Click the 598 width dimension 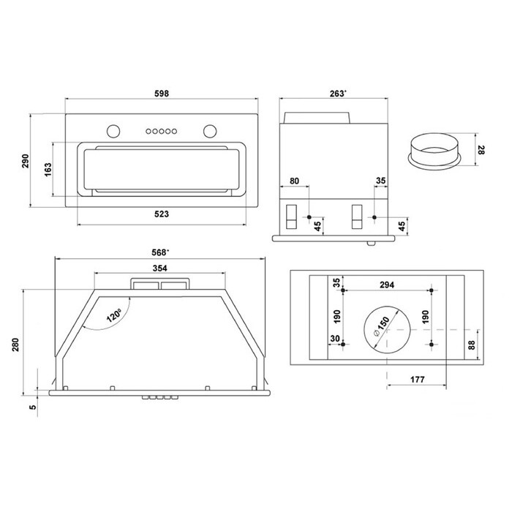point(162,94)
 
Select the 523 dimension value point(162,214)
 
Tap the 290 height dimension point(26,161)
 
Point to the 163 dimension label point(48,170)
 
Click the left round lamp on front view point(113,131)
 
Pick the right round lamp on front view point(210,131)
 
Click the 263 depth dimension point(338,94)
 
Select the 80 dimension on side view point(294,181)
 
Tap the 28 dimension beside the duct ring point(481,150)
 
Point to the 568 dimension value point(160,253)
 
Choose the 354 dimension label point(159,268)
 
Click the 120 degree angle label point(114,315)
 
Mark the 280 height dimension point(15,345)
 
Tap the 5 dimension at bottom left point(33,407)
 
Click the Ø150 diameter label point(381,326)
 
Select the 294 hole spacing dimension point(387,285)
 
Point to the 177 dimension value point(418,380)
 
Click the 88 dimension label point(472,345)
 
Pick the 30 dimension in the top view point(335,339)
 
